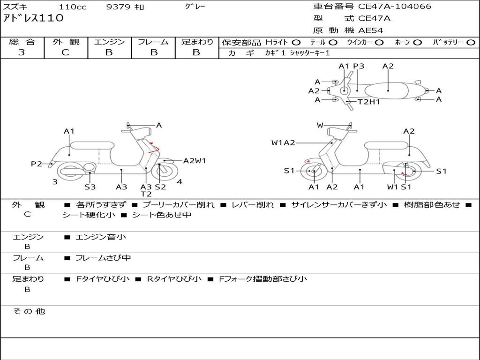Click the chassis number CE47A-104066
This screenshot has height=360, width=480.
click(394, 7)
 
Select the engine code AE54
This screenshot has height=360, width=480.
click(371, 30)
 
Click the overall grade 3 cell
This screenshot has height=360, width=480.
click(22, 52)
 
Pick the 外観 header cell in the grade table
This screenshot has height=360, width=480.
click(66, 42)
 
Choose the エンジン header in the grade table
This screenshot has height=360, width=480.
click(109, 42)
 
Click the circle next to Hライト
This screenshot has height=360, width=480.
click(296, 42)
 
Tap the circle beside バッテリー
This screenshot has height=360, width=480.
click(471, 42)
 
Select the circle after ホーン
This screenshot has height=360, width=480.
click(417, 42)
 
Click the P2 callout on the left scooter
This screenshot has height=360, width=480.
click(37, 164)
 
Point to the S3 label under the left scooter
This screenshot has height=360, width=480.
click(90, 187)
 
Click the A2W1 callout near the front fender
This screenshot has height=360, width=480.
click(194, 161)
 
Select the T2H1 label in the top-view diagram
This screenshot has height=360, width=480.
click(368, 102)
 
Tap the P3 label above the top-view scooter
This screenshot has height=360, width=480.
click(359, 66)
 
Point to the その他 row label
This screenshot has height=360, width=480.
click(29, 311)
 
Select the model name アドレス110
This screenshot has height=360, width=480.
click(33, 19)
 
